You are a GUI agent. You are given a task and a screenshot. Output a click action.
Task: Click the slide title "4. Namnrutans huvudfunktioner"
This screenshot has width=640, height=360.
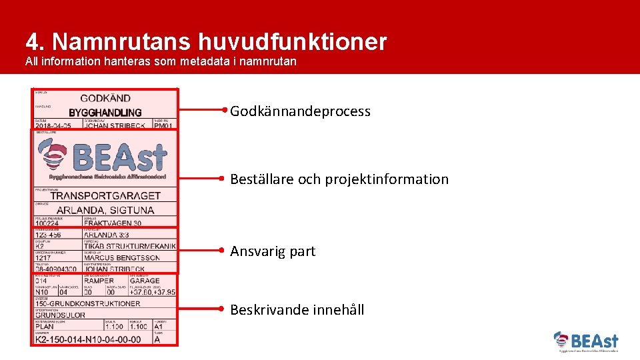point(206,42)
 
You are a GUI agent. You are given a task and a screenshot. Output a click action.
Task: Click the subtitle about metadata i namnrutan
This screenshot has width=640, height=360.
point(161,62)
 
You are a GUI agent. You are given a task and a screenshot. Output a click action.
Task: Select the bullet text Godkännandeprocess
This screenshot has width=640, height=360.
point(300,111)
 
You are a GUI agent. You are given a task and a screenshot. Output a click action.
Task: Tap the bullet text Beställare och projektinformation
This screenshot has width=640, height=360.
point(339,179)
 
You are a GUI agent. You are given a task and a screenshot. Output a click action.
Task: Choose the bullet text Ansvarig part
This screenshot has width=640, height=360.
point(273,251)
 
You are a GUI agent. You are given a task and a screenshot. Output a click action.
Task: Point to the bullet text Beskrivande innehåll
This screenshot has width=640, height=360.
point(297,309)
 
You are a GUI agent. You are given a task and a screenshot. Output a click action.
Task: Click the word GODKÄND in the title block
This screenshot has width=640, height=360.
point(105,98)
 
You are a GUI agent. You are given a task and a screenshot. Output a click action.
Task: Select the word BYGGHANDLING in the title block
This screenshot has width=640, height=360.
point(105,113)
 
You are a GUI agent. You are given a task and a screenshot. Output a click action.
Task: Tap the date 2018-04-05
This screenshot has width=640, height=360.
point(53,126)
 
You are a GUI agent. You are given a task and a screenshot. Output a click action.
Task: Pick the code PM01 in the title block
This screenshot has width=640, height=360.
point(163,126)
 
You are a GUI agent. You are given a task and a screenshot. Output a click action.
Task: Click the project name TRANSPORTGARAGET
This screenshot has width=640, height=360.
point(105,196)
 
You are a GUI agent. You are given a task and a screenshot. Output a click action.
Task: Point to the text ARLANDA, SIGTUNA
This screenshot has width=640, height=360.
point(105,210)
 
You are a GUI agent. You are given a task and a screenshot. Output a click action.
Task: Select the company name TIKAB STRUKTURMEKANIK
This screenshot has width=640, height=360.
point(129,246)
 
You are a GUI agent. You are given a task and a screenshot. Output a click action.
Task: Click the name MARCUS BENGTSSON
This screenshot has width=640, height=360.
point(122,258)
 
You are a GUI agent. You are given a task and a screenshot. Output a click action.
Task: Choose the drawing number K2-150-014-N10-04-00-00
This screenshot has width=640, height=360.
point(88,339)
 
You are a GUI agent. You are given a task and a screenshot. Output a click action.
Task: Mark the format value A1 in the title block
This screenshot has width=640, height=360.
point(159,327)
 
